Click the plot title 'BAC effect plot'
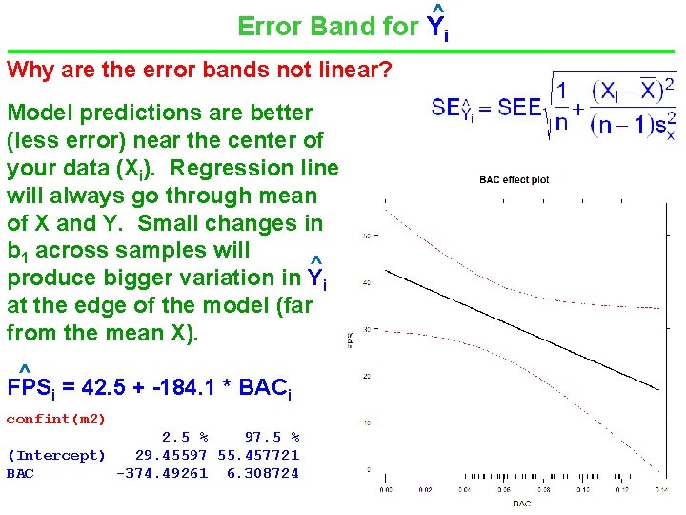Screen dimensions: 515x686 (514, 179)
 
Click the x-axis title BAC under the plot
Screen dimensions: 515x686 (521, 503)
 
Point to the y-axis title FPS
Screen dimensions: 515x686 (352, 339)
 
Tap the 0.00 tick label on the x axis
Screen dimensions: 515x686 (384, 489)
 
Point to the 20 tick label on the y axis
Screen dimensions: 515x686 (367, 377)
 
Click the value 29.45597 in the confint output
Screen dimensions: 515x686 (171, 456)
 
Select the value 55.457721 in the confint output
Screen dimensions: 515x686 (258, 456)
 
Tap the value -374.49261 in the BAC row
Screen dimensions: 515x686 (162, 473)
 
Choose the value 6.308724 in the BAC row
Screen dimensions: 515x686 (262, 473)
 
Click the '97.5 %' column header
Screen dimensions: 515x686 (272, 437)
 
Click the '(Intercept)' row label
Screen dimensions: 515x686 (56, 456)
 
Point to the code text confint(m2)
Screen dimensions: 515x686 (56, 419)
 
